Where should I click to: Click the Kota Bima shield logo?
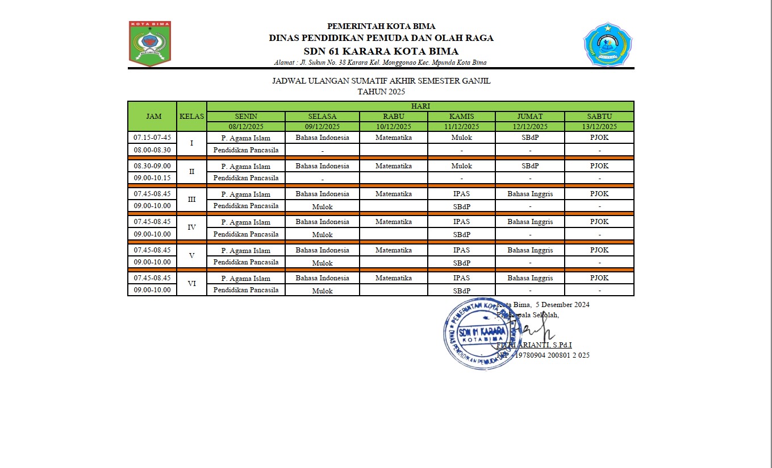[x=150, y=43]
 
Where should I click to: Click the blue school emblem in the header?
[x=607, y=44]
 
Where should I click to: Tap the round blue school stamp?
[x=482, y=333]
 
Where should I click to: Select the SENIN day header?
[x=246, y=116]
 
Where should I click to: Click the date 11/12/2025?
[x=461, y=126]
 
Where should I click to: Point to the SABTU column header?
[x=599, y=116]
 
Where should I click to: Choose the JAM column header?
[x=153, y=116]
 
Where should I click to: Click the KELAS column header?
[x=191, y=116]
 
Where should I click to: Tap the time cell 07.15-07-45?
[x=152, y=138]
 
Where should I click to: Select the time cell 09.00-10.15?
[x=152, y=177]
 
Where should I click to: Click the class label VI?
[x=191, y=284]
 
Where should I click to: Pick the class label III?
[x=191, y=200]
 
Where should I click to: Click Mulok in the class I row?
[x=461, y=138]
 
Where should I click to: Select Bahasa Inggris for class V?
[x=530, y=250]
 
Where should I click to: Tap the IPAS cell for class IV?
[x=461, y=222]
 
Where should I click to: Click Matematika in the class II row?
[x=393, y=166]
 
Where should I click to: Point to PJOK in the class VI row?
[x=599, y=278]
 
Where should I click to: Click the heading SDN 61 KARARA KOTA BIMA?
[x=381, y=51]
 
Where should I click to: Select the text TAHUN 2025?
[x=381, y=91]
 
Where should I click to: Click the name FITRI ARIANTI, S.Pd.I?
[x=534, y=345]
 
